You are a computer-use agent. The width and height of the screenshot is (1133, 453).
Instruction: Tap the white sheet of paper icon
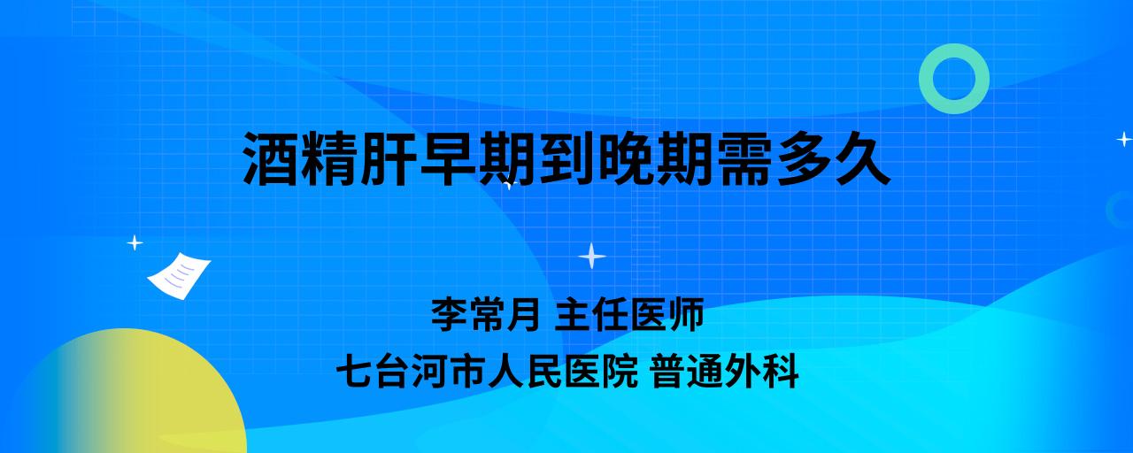[x=179, y=275]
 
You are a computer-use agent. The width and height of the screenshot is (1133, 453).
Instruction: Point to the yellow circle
[x=127, y=395]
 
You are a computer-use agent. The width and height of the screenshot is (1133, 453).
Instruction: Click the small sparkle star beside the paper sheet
[x=135, y=243]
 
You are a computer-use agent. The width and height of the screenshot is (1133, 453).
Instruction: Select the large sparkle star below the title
[x=592, y=256]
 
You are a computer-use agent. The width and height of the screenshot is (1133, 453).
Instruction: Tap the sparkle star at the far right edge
[x=1124, y=139]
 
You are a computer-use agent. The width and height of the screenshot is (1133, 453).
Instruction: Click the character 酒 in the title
[x=271, y=158]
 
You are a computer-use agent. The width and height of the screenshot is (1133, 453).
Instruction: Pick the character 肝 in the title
[x=389, y=158]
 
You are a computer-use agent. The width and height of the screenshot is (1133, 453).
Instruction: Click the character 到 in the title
[x=566, y=158]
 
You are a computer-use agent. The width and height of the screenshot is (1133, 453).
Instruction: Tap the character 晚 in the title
[x=626, y=158]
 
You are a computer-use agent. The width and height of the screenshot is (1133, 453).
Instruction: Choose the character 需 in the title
[x=744, y=158]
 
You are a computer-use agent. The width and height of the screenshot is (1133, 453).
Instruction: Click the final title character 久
[x=862, y=158]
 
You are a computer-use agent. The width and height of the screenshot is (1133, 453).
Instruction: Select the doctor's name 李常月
[x=486, y=314]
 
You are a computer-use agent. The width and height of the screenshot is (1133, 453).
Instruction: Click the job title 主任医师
[x=629, y=314]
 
